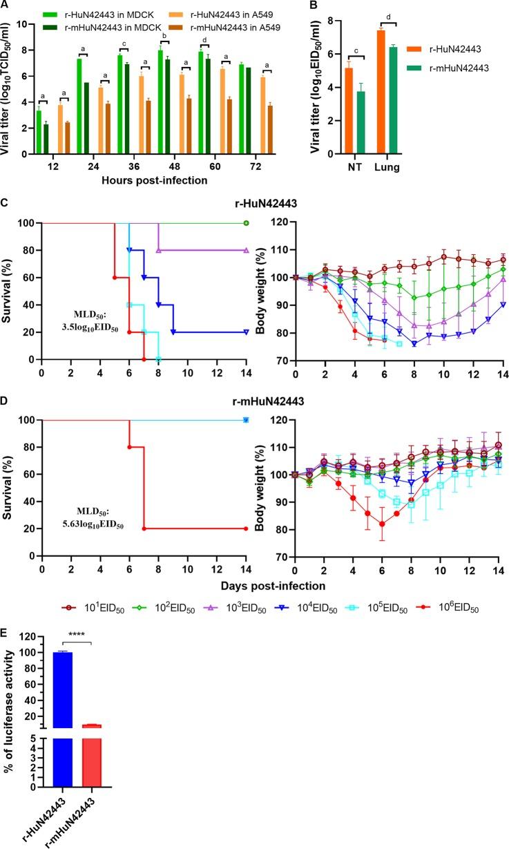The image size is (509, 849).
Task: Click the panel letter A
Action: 6,6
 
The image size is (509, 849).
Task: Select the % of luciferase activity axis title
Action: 9,714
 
